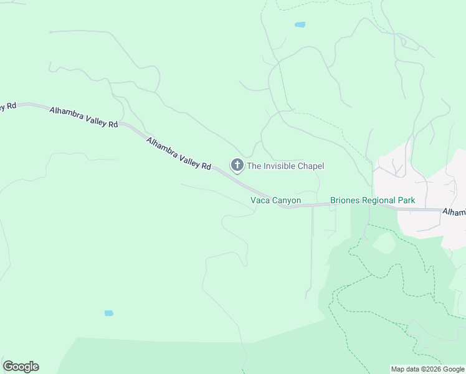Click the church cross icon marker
click(x=237, y=165)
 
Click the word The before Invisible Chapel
click(x=254, y=166)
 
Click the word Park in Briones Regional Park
click(x=406, y=201)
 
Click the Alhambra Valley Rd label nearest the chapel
click(x=179, y=153)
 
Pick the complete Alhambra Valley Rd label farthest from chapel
click(x=83, y=117)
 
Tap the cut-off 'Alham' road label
click(x=454, y=213)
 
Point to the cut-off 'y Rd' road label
click(x=7, y=105)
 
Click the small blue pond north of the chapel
click(x=300, y=25)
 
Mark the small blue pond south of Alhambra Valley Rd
click(x=109, y=313)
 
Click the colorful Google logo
click(x=21, y=367)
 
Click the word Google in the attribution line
click(x=453, y=369)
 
